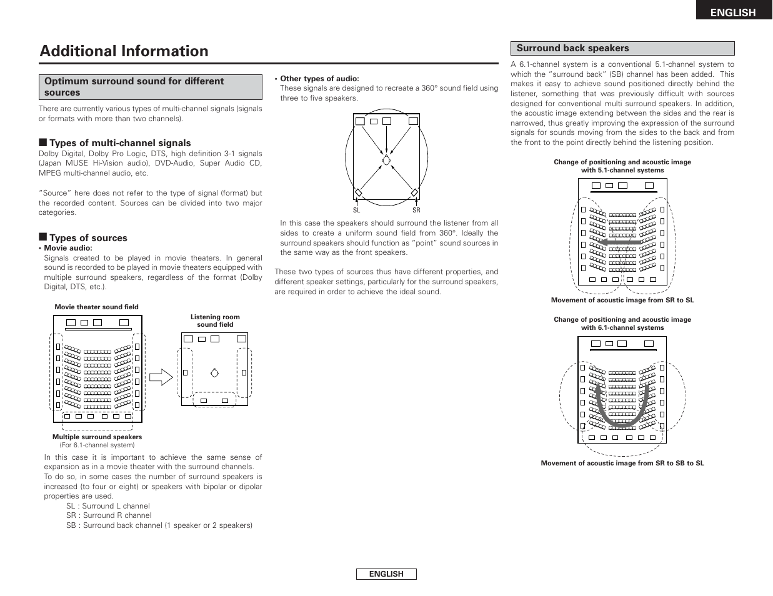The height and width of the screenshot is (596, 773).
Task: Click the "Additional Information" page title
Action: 124,51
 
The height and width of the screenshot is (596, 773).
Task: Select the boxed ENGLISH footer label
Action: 386,574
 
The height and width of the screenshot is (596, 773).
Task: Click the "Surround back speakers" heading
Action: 572,48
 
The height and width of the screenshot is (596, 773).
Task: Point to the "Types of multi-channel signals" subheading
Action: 120,143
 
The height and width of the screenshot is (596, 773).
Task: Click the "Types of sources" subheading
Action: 88,238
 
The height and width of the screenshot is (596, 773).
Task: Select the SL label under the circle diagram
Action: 357,211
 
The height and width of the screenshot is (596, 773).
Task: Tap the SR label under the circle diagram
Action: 416,211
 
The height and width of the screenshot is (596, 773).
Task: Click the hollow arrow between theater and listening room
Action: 161,377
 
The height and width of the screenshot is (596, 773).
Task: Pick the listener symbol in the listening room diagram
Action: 214,373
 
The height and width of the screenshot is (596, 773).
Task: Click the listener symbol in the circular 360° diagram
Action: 386,160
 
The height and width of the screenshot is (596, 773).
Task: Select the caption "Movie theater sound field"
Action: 96,307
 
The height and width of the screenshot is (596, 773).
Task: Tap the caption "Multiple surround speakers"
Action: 97,437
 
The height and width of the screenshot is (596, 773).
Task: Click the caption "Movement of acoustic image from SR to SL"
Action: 622,300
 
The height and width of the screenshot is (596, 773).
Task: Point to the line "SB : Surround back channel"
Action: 159,525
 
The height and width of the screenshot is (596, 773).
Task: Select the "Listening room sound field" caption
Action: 215,320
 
